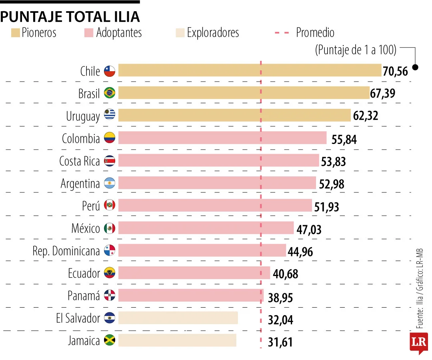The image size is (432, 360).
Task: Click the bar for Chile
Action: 250,70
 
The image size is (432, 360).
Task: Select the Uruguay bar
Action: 234,115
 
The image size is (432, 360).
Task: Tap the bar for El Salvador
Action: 178,318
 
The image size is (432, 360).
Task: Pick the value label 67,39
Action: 383,94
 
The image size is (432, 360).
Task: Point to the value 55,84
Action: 344,139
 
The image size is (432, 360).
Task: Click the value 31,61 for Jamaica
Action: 280,342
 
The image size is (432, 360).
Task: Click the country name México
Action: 86,228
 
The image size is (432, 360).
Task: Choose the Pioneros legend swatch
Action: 16,32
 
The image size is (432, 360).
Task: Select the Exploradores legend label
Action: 213,32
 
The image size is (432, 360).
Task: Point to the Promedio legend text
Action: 315,32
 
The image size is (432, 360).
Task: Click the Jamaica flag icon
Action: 109,341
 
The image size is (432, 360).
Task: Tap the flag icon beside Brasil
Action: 109,93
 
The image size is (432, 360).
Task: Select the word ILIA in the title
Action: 124,16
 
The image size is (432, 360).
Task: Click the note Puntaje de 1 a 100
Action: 356,50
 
